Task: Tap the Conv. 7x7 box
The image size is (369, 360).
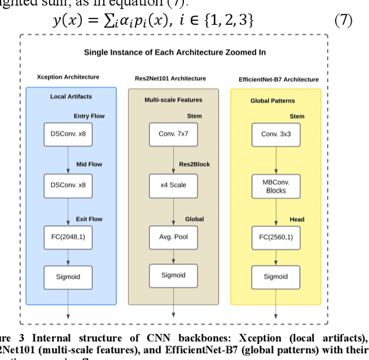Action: pyautogui.click(x=174, y=134)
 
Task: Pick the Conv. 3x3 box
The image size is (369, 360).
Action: pyautogui.click(x=276, y=134)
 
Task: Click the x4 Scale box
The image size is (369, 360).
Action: pyautogui.click(x=174, y=185)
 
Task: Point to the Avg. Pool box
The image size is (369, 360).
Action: pyautogui.click(x=174, y=237)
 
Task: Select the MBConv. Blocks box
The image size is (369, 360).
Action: pyautogui.click(x=276, y=186)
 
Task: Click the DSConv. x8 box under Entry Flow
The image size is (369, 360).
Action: pyautogui.click(x=69, y=134)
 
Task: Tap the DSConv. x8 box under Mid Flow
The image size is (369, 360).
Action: pyautogui.click(x=69, y=185)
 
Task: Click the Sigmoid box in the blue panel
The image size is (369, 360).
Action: pyautogui.click(x=69, y=276)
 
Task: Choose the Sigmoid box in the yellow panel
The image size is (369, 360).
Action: pyautogui.click(x=276, y=276)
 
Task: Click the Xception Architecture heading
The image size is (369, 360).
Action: pyautogui.click(x=68, y=77)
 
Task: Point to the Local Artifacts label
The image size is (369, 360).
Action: pyautogui.click(x=71, y=96)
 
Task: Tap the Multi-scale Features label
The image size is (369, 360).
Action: pyautogui.click(x=173, y=100)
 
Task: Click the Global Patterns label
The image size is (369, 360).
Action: pyautogui.click(x=273, y=100)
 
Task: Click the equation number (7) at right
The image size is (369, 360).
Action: pyautogui.click(x=343, y=21)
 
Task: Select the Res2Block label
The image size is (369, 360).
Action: pyautogui.click(x=195, y=164)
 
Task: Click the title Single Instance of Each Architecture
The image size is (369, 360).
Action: pyautogui.click(x=175, y=52)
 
